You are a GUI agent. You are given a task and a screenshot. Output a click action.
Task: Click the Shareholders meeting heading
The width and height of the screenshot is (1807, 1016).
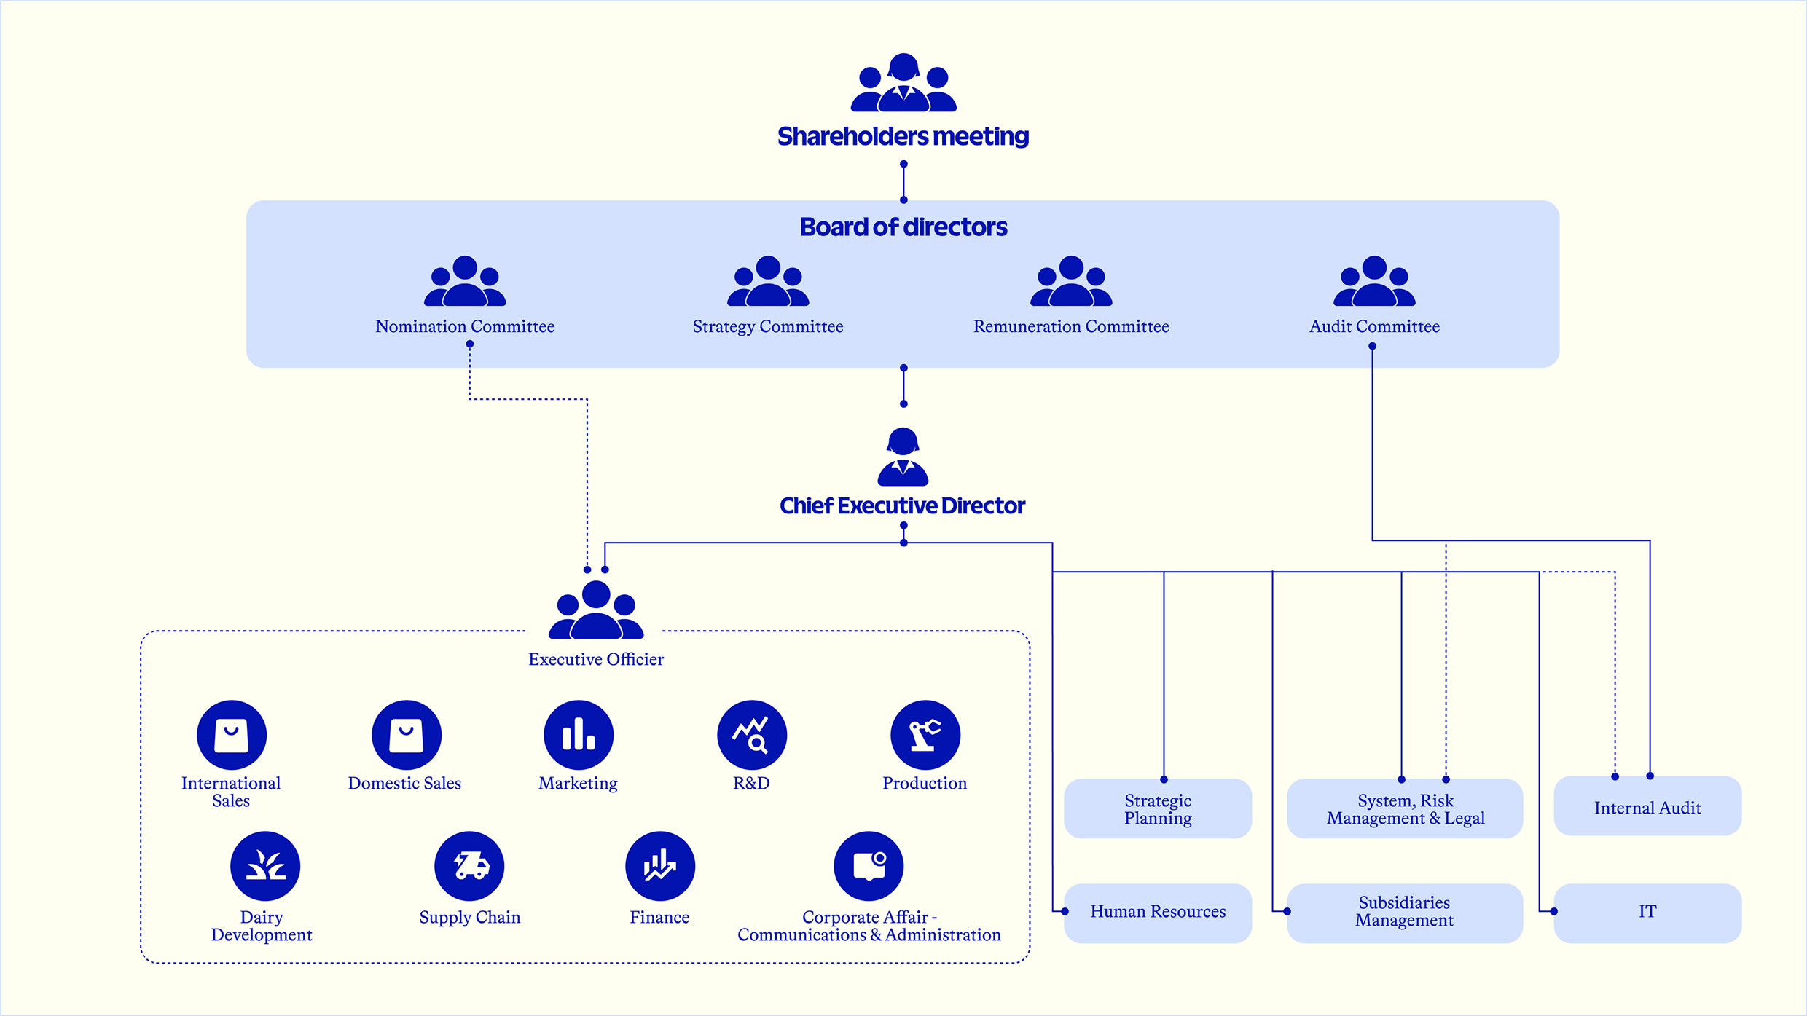[x=903, y=137]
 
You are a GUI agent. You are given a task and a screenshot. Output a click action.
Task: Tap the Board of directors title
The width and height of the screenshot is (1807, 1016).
[x=903, y=227]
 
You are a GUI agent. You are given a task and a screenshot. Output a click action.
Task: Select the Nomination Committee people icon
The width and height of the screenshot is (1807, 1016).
[x=465, y=282]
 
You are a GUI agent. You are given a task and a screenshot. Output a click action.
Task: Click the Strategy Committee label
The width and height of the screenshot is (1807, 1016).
[x=768, y=327]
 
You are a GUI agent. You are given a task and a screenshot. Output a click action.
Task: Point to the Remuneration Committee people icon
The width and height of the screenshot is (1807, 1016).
[x=1071, y=282]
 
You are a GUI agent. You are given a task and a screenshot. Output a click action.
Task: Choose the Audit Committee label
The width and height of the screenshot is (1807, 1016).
[x=1374, y=327]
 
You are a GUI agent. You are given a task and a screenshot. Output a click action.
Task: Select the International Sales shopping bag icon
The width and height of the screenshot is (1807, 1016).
[x=232, y=735]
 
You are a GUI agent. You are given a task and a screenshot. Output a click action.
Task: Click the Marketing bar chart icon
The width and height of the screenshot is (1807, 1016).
[x=579, y=735]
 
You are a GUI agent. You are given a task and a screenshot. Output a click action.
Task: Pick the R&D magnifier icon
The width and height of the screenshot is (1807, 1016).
[x=752, y=735]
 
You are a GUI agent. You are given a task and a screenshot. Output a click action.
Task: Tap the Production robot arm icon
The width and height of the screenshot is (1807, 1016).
[x=925, y=735]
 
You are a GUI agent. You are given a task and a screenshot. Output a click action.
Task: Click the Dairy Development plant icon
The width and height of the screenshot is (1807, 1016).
[x=265, y=866]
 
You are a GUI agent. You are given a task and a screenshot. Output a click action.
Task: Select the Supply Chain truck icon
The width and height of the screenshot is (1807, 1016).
[x=469, y=866]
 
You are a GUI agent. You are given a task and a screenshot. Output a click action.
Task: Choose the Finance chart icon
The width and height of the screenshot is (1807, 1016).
[x=660, y=866]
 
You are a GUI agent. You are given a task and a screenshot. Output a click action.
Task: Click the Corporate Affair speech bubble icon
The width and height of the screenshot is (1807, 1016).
[x=869, y=866]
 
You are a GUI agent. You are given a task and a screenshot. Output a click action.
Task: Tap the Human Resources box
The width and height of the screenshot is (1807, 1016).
[x=1158, y=913]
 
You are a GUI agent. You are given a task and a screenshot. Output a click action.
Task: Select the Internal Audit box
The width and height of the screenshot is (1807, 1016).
[x=1647, y=806]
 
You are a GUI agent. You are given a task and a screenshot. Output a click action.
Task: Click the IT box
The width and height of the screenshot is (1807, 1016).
[x=1647, y=913]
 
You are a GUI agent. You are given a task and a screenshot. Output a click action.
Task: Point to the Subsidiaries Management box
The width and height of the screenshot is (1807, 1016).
[x=1404, y=913]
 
